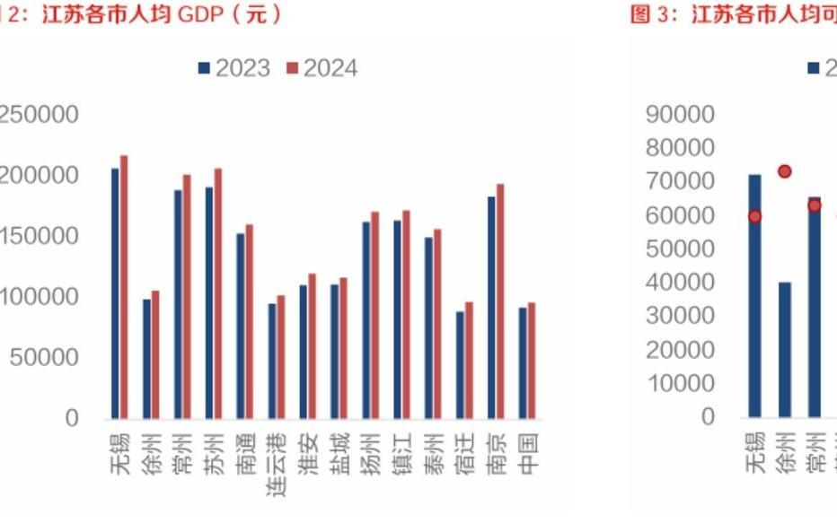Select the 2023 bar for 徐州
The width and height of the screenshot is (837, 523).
(146, 359)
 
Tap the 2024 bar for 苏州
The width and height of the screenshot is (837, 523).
(218, 293)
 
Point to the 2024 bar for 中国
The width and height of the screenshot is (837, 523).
(532, 361)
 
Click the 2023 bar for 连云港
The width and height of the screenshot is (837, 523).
(272, 361)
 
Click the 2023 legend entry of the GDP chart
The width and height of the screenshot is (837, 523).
(233, 69)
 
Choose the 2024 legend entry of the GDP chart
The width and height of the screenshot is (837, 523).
(322, 69)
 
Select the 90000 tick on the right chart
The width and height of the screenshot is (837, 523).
(679, 114)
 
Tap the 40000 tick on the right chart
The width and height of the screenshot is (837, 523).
(679, 283)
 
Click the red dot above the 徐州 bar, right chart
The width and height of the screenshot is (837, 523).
(784, 171)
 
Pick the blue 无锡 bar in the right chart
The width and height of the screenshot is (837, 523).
(754, 296)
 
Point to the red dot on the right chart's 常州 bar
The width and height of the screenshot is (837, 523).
(815, 205)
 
